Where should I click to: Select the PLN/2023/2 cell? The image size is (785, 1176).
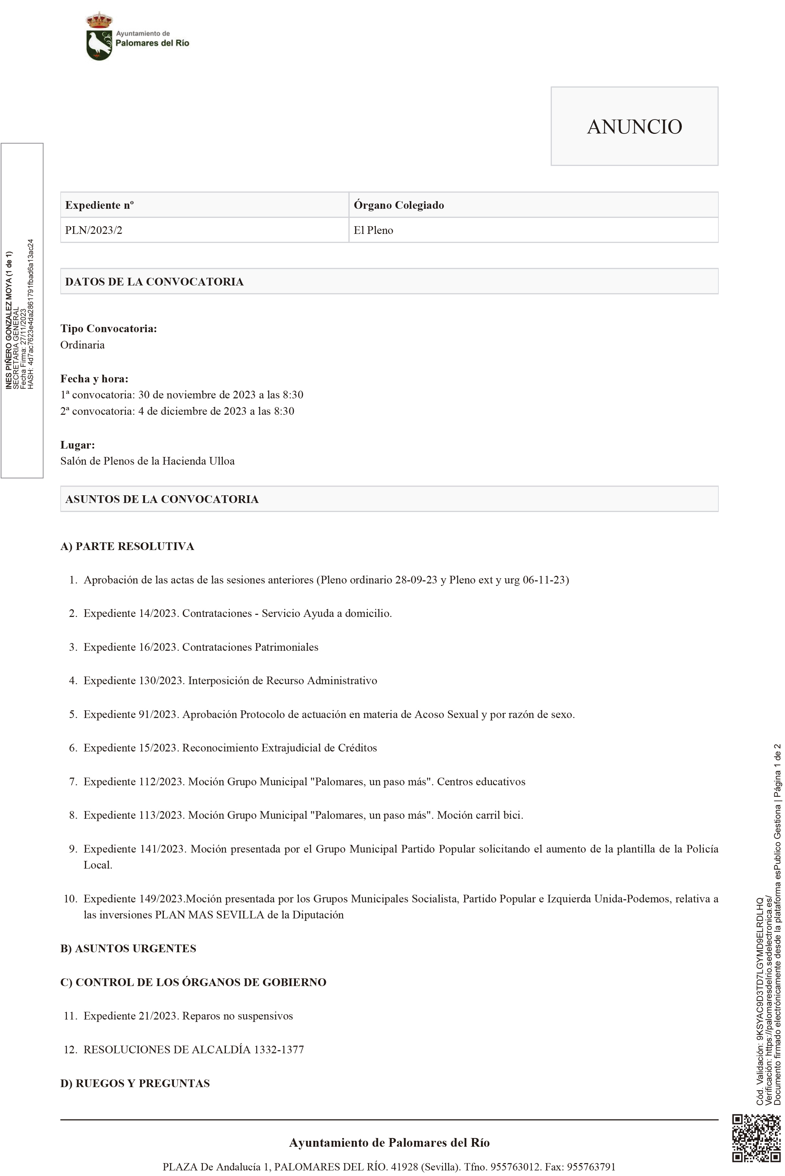[94, 230]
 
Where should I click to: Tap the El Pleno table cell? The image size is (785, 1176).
[373, 230]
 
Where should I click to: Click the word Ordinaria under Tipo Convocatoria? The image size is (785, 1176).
[83, 345]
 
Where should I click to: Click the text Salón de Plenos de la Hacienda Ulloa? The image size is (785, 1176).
[147, 461]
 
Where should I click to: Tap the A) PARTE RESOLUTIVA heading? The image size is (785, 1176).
[127, 546]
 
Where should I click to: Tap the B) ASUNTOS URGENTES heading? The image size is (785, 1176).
[128, 948]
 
